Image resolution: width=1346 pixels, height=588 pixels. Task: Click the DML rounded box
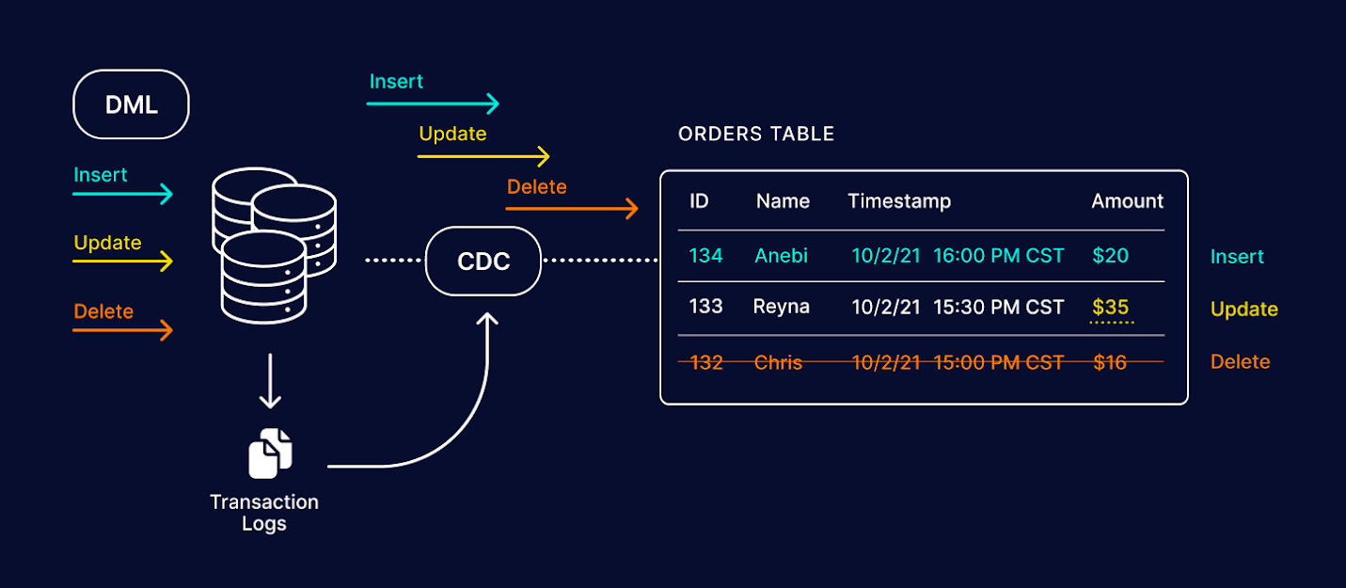point(131,104)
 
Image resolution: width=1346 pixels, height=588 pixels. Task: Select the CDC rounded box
point(483,261)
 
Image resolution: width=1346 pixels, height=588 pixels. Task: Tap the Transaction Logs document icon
point(270,453)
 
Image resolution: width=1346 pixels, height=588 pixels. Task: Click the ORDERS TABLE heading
point(756,135)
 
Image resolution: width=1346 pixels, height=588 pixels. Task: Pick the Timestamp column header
point(899,201)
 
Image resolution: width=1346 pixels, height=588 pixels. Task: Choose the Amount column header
point(1127,201)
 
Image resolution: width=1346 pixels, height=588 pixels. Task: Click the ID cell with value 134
point(705,256)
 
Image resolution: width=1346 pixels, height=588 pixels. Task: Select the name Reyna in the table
point(781,308)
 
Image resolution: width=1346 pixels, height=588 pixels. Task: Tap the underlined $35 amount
point(1111,308)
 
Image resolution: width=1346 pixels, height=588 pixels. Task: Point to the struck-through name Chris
point(778,362)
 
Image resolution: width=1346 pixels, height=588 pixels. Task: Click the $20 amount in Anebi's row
point(1110,256)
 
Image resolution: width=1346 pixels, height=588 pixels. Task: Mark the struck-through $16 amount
point(1110,362)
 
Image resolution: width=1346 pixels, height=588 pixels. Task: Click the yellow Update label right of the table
point(1243,310)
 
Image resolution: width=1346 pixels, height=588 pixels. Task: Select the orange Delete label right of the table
point(1240,362)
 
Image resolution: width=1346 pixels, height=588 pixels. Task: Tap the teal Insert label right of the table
point(1237,257)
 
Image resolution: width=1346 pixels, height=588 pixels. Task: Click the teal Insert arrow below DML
point(123,195)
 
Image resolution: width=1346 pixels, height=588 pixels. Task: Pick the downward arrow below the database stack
point(270,381)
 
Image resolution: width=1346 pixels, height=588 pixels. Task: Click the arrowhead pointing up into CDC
point(487,322)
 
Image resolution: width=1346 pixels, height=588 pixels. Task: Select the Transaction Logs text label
point(264,513)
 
